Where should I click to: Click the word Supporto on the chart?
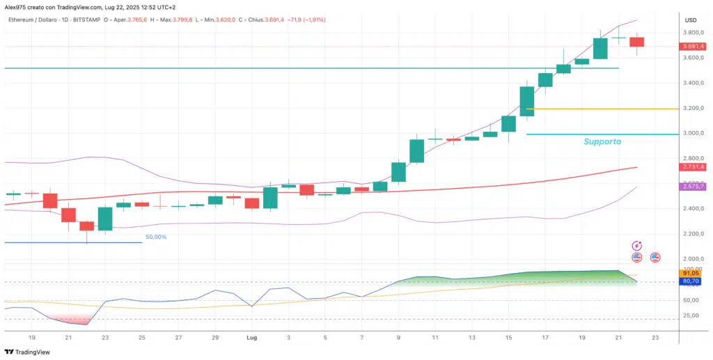coord(602,141)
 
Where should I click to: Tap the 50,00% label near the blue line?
coord(157,237)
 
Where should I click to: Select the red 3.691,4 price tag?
coord(696,47)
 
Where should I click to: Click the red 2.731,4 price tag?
coord(696,167)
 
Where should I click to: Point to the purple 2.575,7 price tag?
coord(696,187)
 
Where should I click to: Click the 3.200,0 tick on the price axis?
coord(696,109)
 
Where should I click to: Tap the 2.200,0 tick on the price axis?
coord(696,235)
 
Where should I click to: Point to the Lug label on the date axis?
coord(252,337)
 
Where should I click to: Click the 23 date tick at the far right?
coord(655,337)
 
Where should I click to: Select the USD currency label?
coord(691,20)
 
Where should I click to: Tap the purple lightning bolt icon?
coord(636,246)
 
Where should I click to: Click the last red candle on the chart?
coord(636,42)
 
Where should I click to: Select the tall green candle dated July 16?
coord(527,101)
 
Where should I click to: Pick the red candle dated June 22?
coord(86,226)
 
